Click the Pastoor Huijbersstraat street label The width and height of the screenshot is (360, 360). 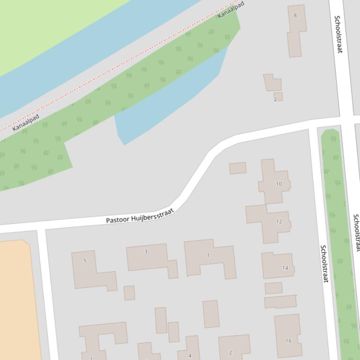140,216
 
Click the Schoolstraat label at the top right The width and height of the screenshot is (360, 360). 338,34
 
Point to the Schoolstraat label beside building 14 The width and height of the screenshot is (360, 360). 323,263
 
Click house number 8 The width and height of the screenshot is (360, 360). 295,15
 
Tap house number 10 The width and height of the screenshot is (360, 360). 279,184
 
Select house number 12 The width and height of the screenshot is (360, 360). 279,221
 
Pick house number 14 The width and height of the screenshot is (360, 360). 285,268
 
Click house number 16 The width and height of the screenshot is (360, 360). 288,340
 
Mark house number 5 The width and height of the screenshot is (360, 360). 85,260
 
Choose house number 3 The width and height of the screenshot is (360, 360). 146,252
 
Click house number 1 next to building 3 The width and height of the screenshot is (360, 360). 208,255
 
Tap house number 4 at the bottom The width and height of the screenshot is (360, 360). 190,355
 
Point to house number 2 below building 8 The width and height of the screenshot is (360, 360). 275,99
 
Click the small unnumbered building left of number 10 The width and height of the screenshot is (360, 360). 237,168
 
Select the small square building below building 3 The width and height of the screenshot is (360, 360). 129,293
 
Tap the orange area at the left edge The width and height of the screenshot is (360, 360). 16,299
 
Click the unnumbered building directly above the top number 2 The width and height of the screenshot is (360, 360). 272,83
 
